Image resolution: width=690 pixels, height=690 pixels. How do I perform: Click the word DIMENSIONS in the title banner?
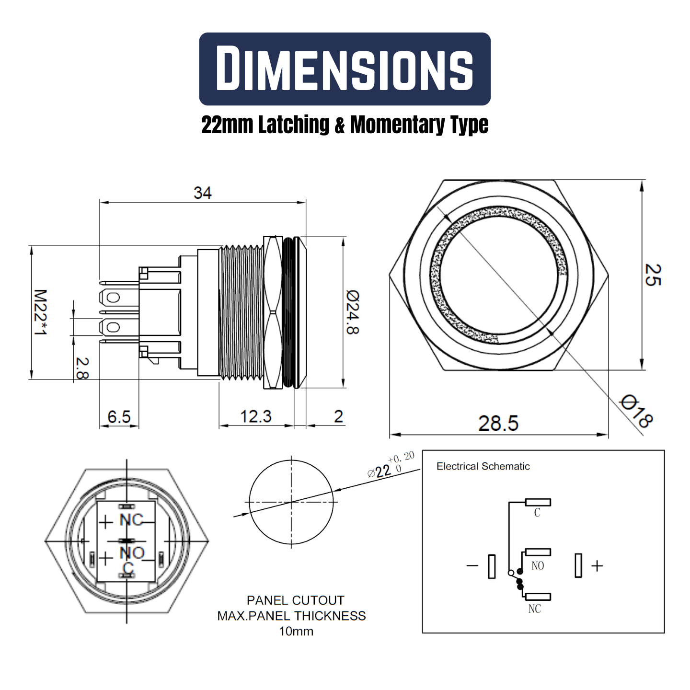pos(345,68)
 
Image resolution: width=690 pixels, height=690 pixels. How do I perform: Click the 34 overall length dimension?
pos(202,193)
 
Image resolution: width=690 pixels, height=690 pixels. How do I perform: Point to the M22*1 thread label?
pos(41,312)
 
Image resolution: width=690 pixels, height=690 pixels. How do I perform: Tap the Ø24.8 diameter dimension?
pos(352,312)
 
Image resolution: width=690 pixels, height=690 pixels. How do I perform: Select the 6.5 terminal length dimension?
pos(119,416)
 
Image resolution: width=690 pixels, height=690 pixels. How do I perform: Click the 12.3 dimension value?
pos(255,416)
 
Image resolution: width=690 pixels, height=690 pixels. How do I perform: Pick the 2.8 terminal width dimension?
pos(82,368)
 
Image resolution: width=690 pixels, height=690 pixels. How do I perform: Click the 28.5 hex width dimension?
pos(498,424)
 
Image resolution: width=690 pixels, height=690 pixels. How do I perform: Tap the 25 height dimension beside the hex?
pos(652,275)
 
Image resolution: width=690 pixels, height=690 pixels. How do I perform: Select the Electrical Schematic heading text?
pos(483,466)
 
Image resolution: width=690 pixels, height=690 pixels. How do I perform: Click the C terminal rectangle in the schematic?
pos(538,502)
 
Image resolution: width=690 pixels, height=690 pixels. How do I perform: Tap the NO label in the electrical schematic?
pos(538,566)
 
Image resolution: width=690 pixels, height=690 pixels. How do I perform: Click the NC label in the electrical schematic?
pos(534,609)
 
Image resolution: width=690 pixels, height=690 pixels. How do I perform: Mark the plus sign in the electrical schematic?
pos(597,566)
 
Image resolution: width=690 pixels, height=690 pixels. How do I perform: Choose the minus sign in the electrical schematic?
pos(472,566)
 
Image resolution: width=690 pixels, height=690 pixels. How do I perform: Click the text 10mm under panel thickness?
pos(296,632)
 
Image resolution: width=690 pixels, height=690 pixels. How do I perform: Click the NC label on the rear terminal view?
pos(131,520)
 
